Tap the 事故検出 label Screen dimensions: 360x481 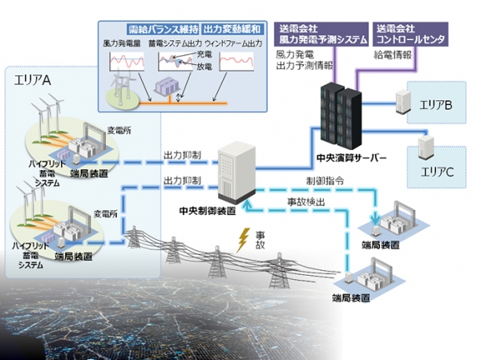pos(305,201)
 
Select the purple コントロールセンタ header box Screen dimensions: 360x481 pos(408,34)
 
